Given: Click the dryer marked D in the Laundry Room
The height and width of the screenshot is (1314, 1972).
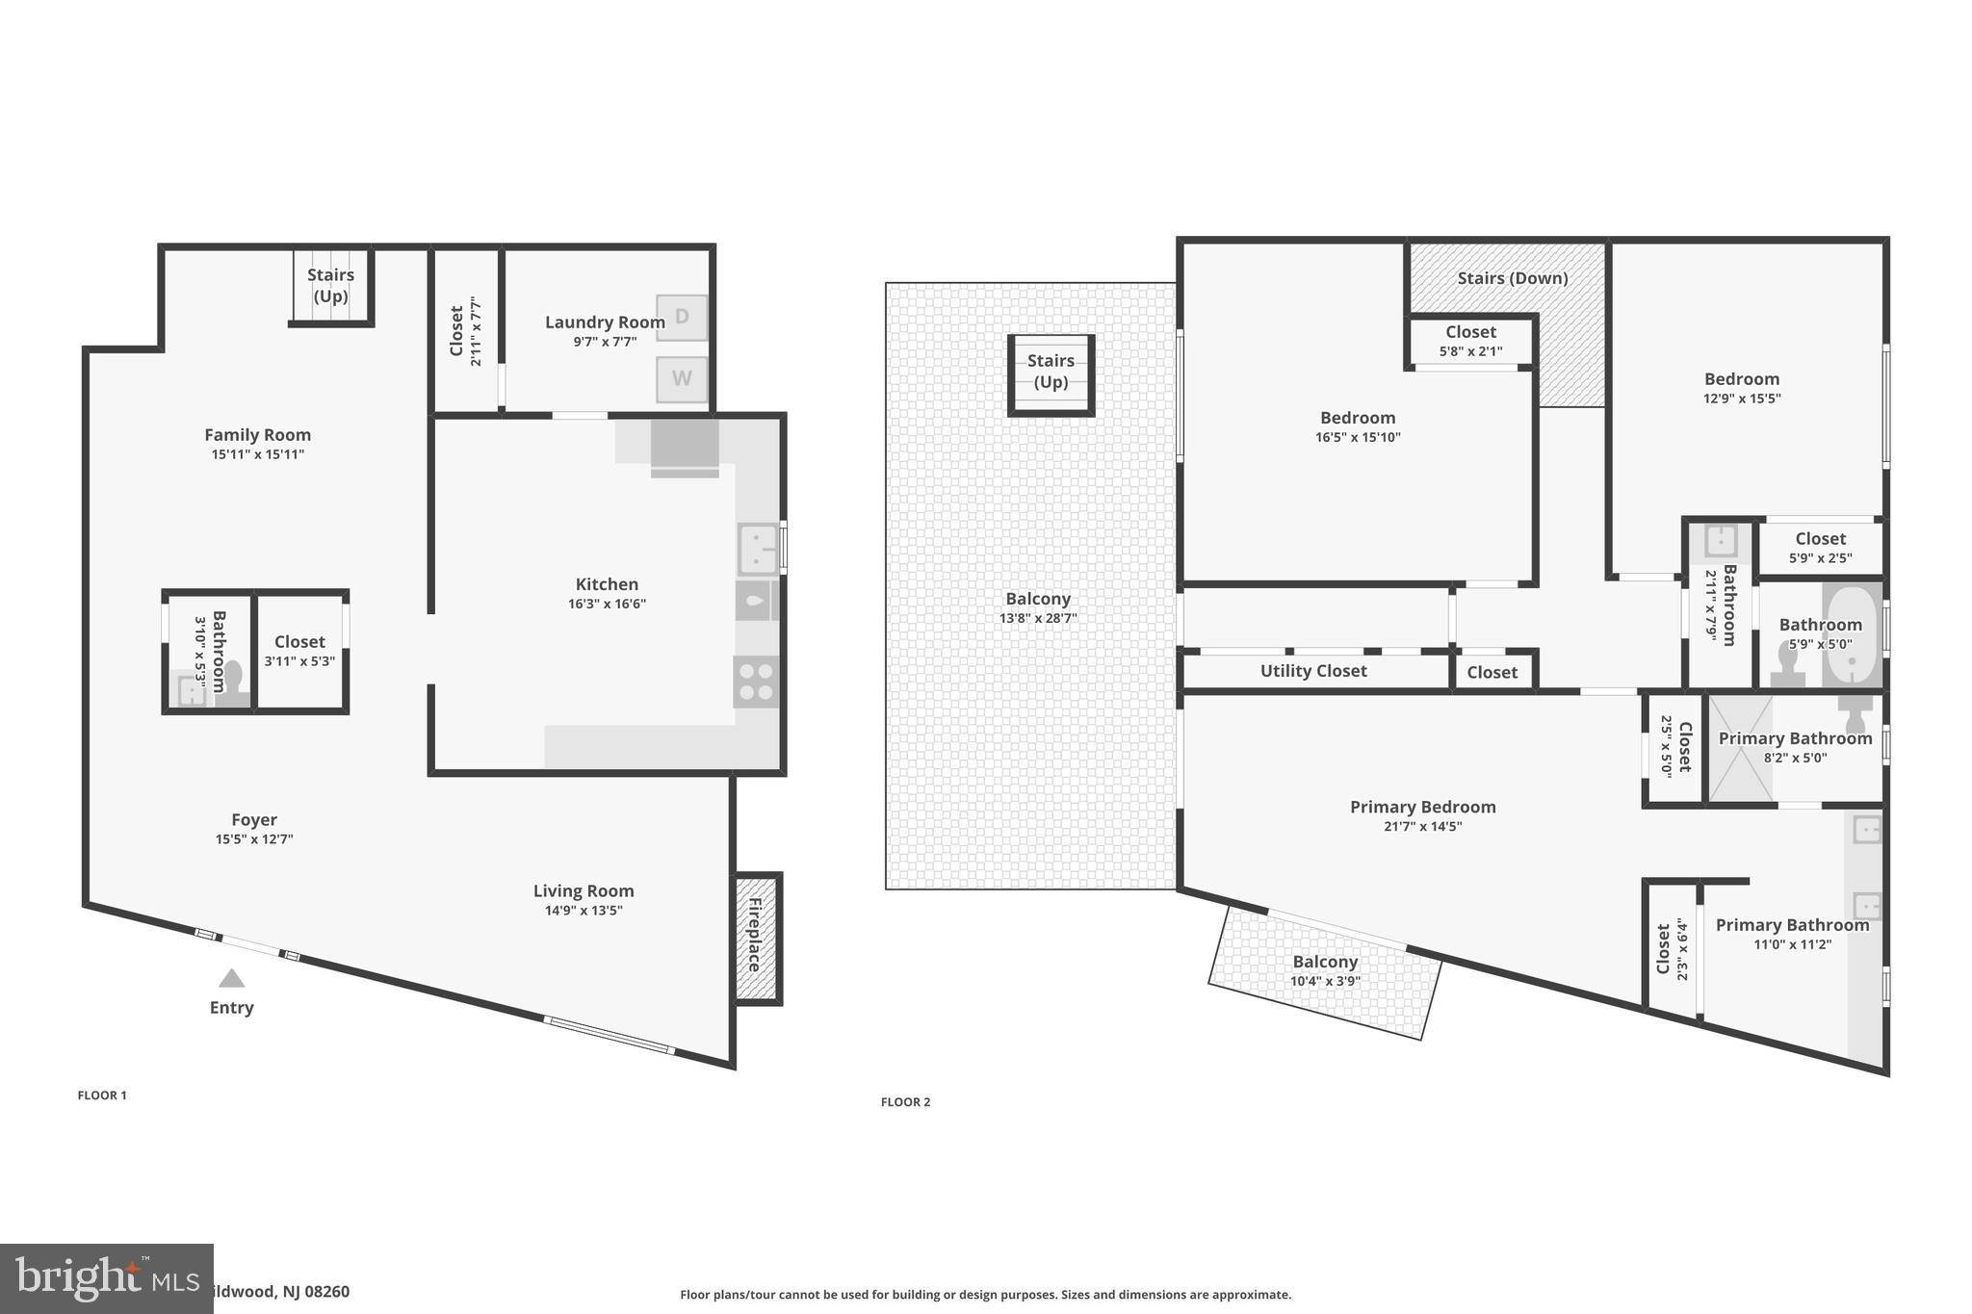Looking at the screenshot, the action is pyautogui.click(x=682, y=318).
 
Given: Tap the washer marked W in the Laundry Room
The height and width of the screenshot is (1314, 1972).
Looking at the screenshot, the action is pyautogui.click(x=682, y=379).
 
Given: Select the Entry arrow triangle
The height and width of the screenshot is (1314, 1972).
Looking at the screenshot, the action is pyautogui.click(x=231, y=978).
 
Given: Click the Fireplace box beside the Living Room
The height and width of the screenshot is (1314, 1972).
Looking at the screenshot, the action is pyautogui.click(x=757, y=939).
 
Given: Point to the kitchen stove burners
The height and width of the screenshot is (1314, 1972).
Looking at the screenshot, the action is pyautogui.click(x=756, y=681).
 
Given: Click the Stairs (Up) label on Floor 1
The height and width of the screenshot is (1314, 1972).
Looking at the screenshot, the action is pyautogui.click(x=330, y=285).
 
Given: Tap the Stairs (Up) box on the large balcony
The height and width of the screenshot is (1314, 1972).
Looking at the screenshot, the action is pyautogui.click(x=1051, y=375).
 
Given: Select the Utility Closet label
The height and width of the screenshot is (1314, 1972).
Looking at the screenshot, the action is pyautogui.click(x=1313, y=671).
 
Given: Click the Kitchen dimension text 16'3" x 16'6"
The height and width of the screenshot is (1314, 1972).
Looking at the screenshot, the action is pyautogui.click(x=607, y=605).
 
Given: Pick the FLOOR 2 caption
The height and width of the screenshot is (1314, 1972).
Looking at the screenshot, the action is pyautogui.click(x=906, y=1102).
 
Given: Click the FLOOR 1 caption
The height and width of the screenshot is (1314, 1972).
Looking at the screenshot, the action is pyautogui.click(x=102, y=1095).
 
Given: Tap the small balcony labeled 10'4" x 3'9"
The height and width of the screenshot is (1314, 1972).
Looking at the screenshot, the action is pyautogui.click(x=1326, y=971).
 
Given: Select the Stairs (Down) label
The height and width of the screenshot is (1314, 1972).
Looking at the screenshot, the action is pyautogui.click(x=1513, y=278).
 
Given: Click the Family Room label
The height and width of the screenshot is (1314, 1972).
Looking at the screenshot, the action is pyautogui.click(x=258, y=435).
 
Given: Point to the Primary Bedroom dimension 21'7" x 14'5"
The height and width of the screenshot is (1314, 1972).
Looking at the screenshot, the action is pyautogui.click(x=1423, y=826).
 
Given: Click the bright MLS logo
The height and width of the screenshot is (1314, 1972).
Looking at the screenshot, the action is pyautogui.click(x=107, y=1278).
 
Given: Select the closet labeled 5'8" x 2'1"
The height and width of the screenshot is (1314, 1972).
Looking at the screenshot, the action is pyautogui.click(x=1471, y=341).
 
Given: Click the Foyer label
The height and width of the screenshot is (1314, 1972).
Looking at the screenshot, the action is pyautogui.click(x=254, y=820).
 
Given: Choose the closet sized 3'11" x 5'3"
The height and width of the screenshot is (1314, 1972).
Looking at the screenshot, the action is pyautogui.click(x=299, y=651).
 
